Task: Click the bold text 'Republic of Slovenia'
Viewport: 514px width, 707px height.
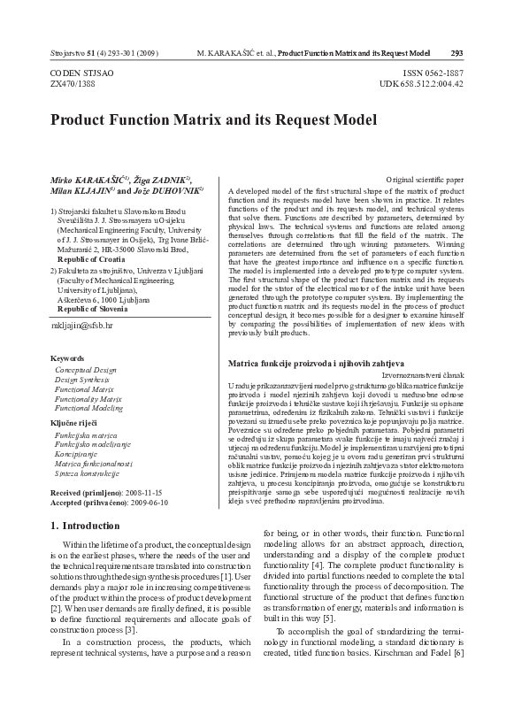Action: click(99, 309)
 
